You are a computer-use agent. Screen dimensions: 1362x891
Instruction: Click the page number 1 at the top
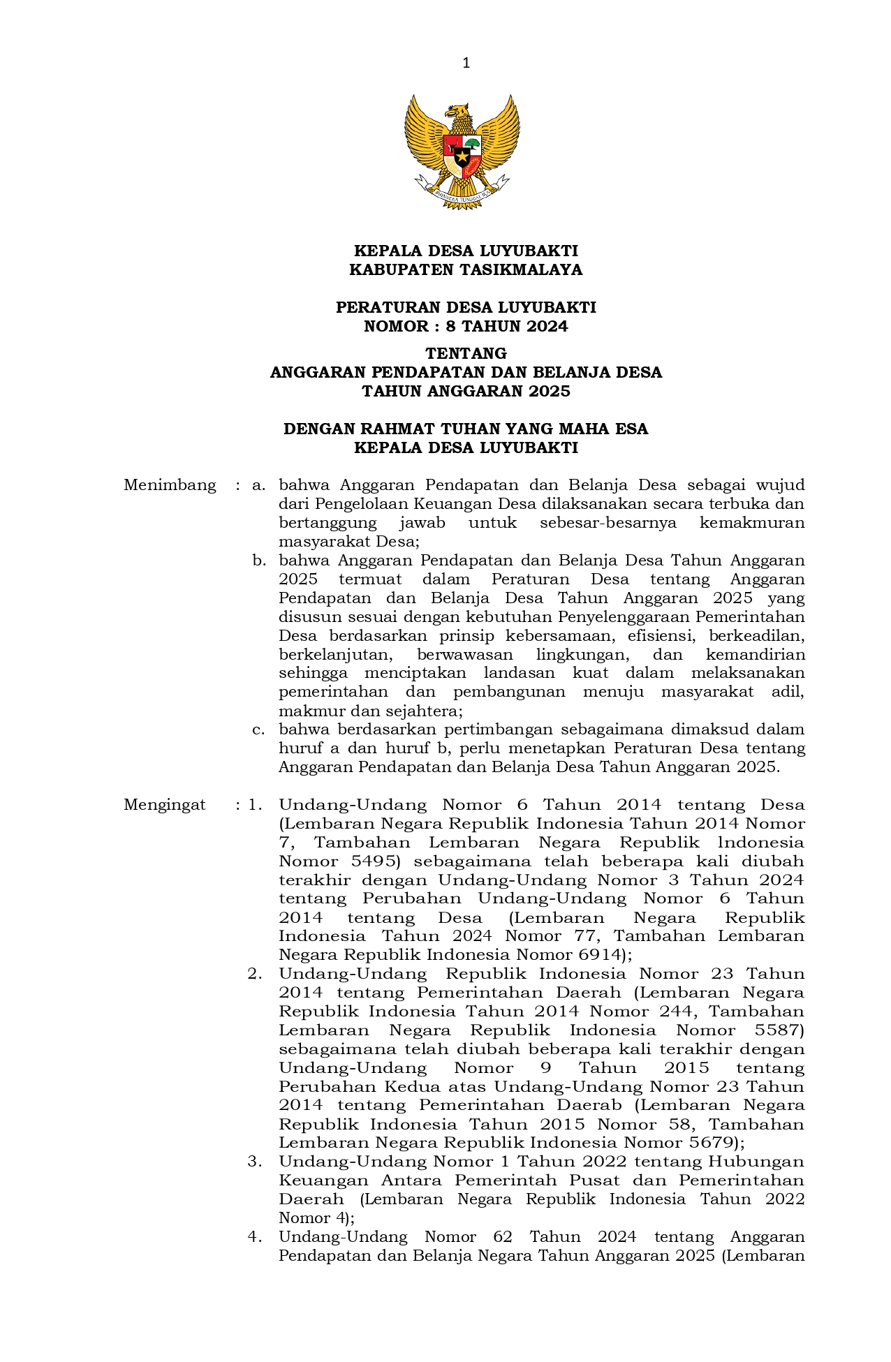point(466,64)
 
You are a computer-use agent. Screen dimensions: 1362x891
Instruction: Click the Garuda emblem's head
point(459,112)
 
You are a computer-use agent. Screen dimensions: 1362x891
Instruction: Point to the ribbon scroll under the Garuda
point(462,193)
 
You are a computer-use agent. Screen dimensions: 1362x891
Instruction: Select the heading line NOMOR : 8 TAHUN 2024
point(466,327)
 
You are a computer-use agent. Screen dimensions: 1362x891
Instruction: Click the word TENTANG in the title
point(466,353)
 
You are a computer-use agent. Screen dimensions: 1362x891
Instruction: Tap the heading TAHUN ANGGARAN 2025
point(466,391)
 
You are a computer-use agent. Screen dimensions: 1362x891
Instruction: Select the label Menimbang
point(170,485)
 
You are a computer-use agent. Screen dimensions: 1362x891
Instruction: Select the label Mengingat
point(165,805)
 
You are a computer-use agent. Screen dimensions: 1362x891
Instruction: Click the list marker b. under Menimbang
point(259,561)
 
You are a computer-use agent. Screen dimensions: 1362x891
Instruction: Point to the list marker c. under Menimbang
point(259,730)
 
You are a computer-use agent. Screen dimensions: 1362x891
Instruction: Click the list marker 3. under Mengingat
point(255,1162)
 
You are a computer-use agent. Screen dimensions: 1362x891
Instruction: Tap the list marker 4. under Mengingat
point(255,1237)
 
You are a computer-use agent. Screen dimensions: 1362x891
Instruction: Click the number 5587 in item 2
point(776,1030)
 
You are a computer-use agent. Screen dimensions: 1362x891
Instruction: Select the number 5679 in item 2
point(708,1143)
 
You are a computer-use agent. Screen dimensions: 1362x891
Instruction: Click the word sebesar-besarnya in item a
point(607,523)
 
